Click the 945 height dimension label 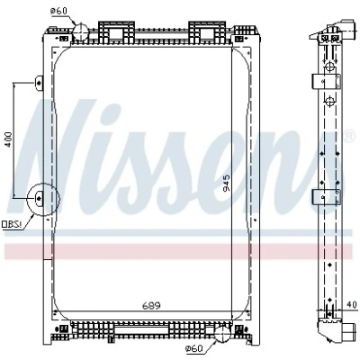227,183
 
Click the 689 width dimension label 151,305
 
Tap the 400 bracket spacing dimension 8,139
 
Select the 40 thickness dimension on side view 353,305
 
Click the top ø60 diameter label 58,11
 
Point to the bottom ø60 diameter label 193,348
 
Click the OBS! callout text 13,224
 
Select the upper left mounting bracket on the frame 40,82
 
